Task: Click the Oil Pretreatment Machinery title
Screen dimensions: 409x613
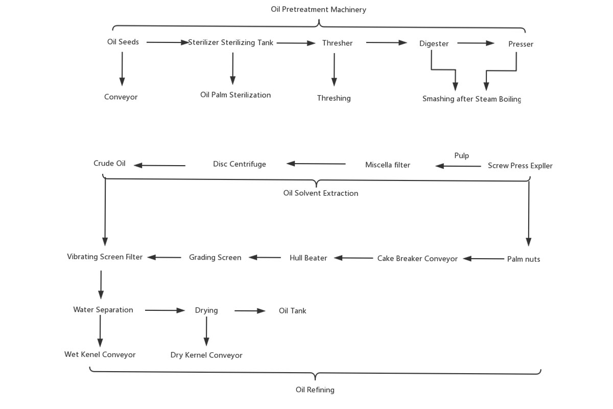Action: pos(318,10)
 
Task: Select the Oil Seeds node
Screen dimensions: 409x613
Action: pos(123,42)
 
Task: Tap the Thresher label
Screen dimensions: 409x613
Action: pos(337,43)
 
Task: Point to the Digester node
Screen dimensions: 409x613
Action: pos(434,44)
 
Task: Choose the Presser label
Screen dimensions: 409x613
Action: pos(521,44)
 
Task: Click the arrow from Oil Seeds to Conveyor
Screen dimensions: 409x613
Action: pos(122,69)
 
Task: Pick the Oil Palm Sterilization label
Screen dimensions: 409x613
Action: pos(235,95)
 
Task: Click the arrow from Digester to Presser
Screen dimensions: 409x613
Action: pos(476,43)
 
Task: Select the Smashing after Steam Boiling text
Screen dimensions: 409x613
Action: pos(471,99)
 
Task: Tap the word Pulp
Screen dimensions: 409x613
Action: pos(461,156)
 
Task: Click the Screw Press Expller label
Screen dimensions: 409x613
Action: pos(520,166)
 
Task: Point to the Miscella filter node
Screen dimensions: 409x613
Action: pos(388,165)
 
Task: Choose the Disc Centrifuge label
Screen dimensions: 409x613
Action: pos(240,164)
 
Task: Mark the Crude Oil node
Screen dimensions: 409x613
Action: pos(109,164)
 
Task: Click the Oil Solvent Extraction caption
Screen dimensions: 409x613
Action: pos(321,193)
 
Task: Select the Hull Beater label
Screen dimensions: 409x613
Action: pos(308,258)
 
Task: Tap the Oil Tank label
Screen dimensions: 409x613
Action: pos(292,311)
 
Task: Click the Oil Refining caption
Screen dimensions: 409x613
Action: pos(315,390)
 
